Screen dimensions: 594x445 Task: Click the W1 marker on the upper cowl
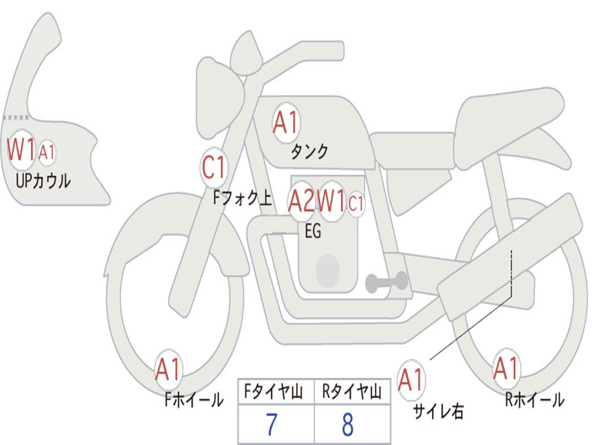click(x=21, y=149)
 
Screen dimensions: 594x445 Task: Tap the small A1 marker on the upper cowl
click(x=47, y=153)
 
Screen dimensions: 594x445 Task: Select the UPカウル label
click(x=43, y=181)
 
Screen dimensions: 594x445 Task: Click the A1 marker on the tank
click(x=287, y=123)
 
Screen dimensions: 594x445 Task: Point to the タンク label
click(x=310, y=151)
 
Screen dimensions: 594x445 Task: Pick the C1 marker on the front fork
click(x=214, y=167)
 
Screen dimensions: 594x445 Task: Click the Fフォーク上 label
click(x=242, y=198)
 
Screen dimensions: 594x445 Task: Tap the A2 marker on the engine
click(x=302, y=200)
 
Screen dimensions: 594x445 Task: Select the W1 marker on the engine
click(x=331, y=200)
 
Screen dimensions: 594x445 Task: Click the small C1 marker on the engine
click(x=356, y=203)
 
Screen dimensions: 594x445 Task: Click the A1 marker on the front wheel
click(x=168, y=369)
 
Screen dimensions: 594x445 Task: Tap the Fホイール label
click(x=194, y=400)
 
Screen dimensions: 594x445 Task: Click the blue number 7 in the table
click(x=271, y=425)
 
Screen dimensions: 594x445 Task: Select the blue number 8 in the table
click(x=348, y=425)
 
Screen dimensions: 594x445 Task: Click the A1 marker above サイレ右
click(x=411, y=380)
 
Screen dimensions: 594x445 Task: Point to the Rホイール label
click(x=535, y=400)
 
